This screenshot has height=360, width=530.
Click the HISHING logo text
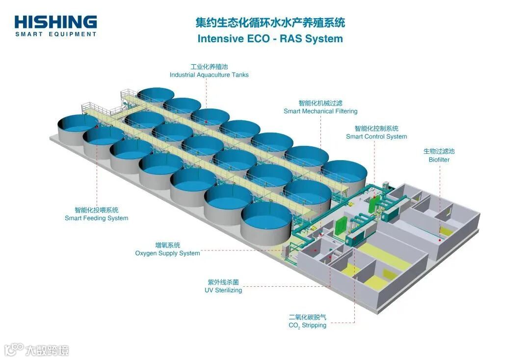(55, 22)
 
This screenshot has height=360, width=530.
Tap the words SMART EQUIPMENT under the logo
(55, 34)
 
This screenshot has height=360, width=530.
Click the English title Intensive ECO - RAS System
(270, 39)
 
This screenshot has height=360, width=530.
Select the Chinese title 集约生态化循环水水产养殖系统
(270, 23)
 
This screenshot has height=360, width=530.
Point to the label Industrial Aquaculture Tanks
(209, 75)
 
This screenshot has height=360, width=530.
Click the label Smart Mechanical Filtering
(320, 111)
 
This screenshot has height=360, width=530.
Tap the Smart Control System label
(376, 137)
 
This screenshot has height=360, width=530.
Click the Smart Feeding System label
(96, 218)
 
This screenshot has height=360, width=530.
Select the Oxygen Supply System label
(167, 253)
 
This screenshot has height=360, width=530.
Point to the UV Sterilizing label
(223, 290)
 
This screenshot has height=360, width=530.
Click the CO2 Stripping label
(307, 325)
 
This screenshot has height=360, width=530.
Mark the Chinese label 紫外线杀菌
(223, 282)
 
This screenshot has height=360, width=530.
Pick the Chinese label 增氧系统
(167, 245)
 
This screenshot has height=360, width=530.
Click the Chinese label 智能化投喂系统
(96, 210)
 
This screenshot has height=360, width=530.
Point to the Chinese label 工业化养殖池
(209, 67)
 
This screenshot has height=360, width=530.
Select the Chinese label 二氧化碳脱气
(307, 317)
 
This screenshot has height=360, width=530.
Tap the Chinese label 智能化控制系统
(376, 128)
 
